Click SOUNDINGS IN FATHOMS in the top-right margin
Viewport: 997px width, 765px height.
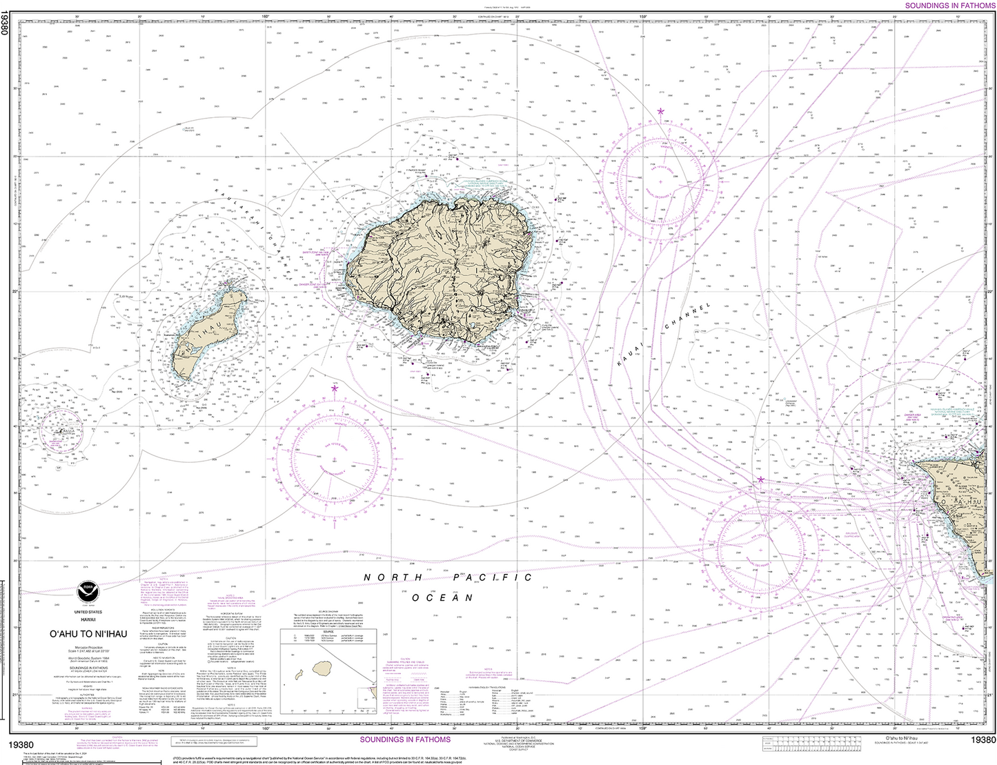[949, 6]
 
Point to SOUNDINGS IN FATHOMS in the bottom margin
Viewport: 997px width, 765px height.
[405, 739]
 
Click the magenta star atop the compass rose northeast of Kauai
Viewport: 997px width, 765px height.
[661, 111]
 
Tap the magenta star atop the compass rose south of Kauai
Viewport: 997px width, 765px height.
[335, 389]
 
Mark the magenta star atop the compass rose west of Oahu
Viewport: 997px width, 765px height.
[760, 479]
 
